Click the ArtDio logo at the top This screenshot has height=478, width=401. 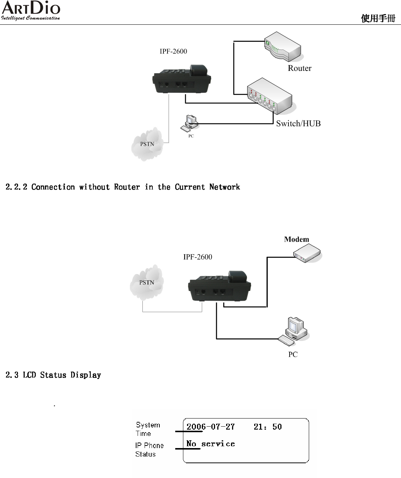[31, 11]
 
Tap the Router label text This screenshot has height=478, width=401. [300, 68]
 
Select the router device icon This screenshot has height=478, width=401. [283, 46]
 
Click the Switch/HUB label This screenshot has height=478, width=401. [298, 124]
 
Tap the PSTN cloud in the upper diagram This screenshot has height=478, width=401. [147, 144]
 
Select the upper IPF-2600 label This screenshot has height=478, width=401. [173, 51]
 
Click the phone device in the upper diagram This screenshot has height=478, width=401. [182, 79]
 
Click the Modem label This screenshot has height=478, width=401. [296, 239]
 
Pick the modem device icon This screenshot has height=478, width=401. [307, 253]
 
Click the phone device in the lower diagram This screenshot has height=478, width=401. [219, 286]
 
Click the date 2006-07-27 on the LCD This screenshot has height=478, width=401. [210, 427]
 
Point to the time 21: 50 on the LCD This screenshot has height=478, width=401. [267, 427]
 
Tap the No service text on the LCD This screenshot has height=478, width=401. [210, 444]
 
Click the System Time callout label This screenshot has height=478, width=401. [148, 429]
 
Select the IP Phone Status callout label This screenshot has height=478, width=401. [149, 450]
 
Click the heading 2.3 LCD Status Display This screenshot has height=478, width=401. [53, 375]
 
